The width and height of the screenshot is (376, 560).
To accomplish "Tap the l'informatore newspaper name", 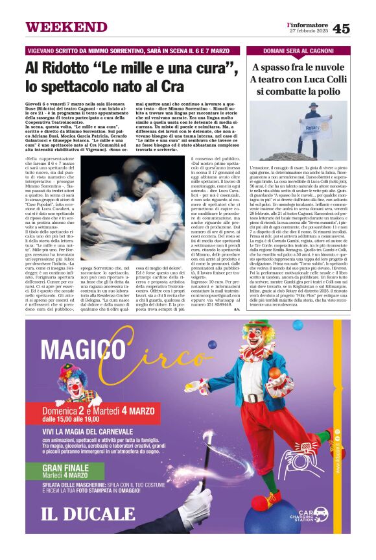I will pyautogui.click(x=308, y=24).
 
